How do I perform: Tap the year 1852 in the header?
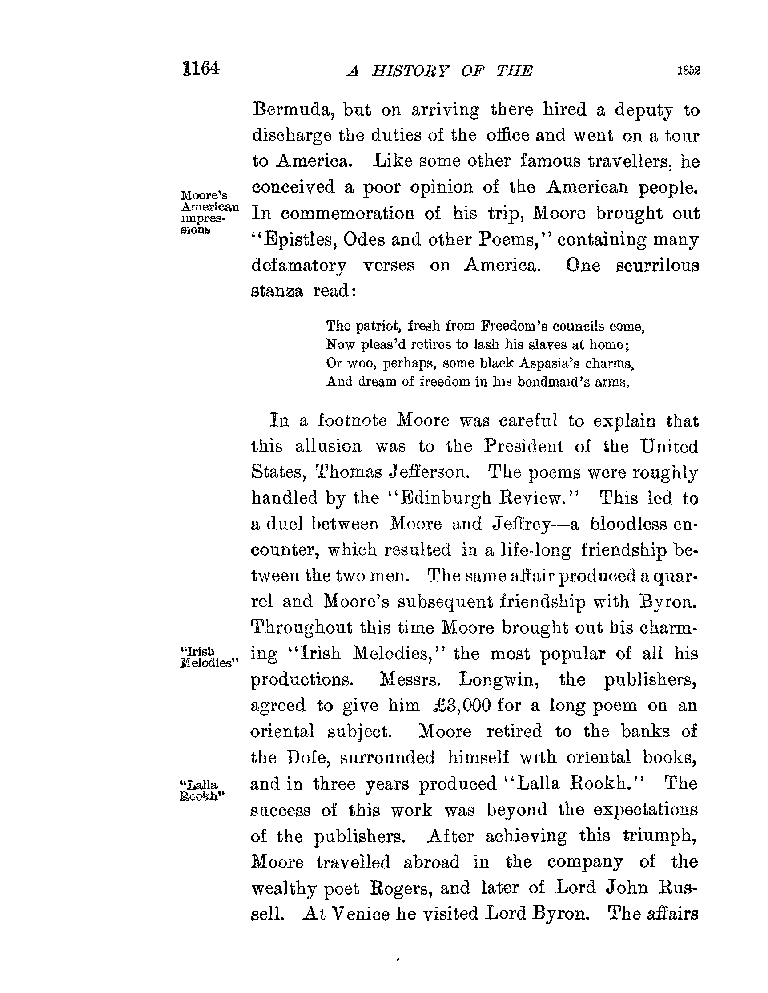688,71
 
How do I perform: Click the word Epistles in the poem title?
300,240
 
